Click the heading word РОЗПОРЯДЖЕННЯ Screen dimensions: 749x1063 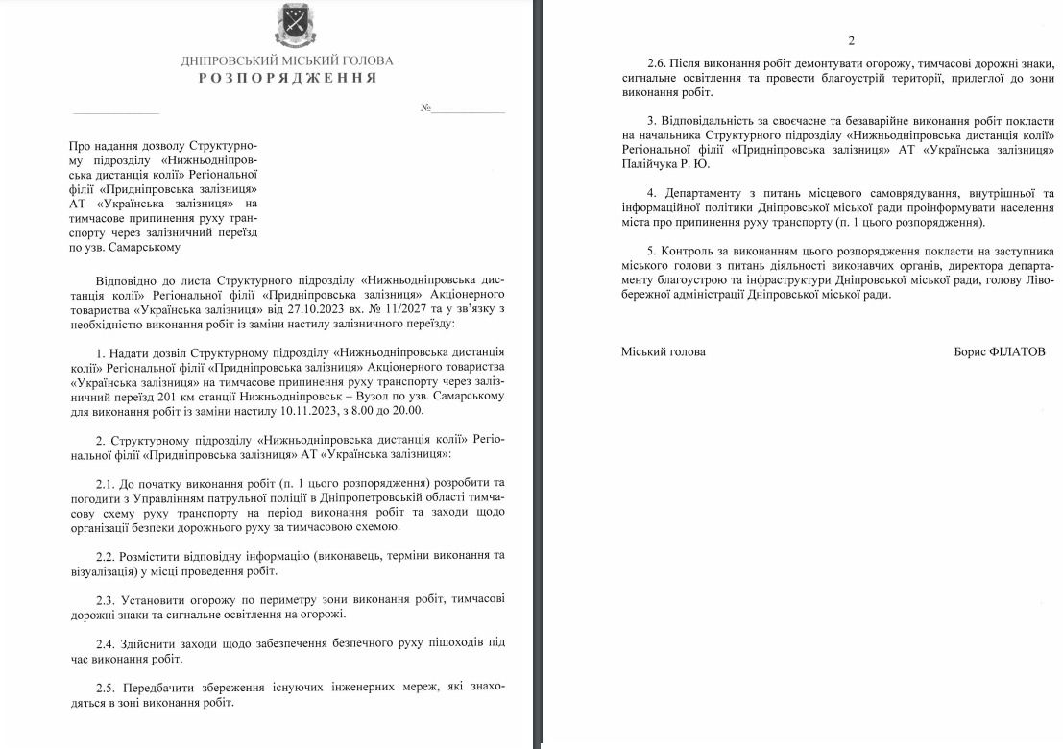pos(287,77)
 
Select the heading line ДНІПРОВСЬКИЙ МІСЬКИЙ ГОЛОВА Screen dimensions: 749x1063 pos(287,60)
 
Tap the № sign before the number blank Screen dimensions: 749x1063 pos(425,108)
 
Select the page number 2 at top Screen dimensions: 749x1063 pos(851,40)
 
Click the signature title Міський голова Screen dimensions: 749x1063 pos(663,351)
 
